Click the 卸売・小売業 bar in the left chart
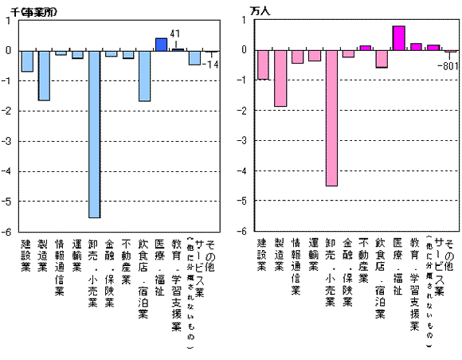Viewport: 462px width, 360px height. [x=94, y=133]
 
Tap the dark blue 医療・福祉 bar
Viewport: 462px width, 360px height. [x=161, y=45]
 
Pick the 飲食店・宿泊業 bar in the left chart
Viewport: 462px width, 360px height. [x=144, y=76]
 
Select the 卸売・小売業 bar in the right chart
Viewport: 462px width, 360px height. [x=331, y=118]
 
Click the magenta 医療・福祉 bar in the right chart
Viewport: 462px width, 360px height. [x=399, y=38]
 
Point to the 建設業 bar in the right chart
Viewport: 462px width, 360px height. [x=263, y=65]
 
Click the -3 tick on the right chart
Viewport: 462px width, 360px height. [x=244, y=141]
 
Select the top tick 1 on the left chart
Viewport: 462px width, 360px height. [x=9, y=21]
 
